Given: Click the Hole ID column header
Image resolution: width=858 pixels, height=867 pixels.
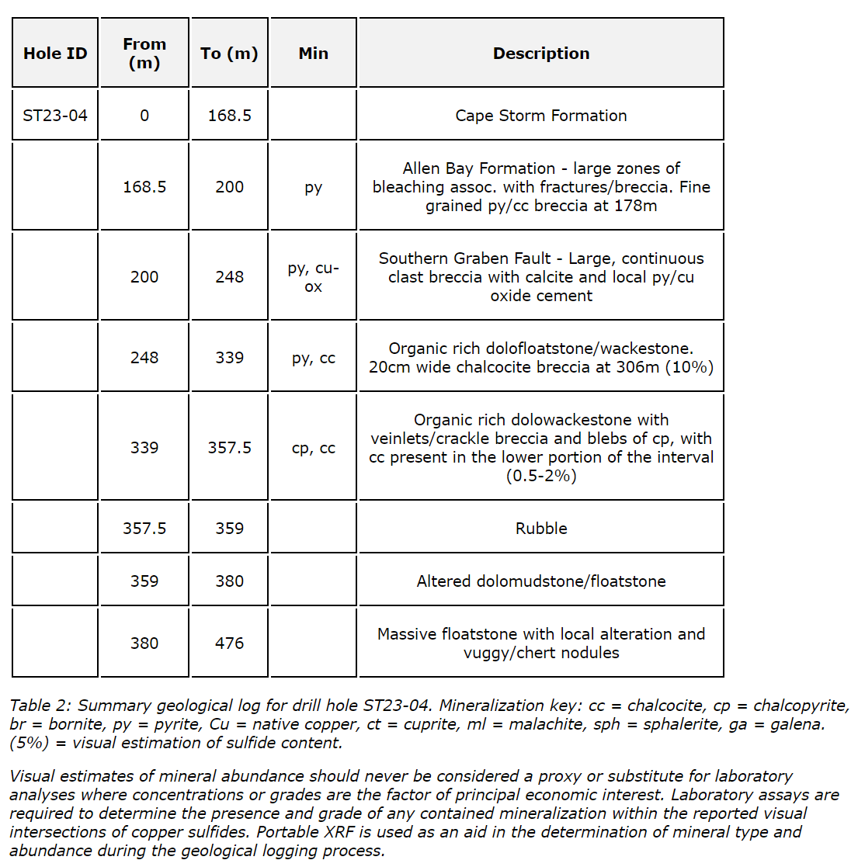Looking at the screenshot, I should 55,54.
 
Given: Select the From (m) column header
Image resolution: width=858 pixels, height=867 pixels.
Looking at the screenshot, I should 144,54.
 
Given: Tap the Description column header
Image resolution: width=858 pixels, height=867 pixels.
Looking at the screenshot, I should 541,54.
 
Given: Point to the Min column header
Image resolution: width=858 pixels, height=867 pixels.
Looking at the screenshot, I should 313,54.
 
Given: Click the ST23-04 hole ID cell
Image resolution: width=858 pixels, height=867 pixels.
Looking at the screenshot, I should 55,116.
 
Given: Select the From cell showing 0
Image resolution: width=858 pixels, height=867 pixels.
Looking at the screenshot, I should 144,116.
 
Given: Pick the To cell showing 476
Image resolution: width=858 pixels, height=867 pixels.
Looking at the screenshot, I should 229,643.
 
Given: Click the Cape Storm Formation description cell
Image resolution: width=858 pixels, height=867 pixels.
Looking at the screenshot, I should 541,116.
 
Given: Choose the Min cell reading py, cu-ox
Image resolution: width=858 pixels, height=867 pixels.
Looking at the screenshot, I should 313,277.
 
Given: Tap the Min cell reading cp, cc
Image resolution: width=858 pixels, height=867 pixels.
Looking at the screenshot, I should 313,448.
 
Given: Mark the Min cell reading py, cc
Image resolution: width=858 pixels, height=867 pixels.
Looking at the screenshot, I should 313,358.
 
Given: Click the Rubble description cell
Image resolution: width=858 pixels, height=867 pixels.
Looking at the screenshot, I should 541,529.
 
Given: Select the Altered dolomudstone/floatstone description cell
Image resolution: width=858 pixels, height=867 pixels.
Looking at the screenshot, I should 541,581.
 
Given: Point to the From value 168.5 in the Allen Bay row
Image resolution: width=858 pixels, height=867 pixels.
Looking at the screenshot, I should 144,187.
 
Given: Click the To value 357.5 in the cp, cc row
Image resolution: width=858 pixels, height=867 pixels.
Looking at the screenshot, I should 229,448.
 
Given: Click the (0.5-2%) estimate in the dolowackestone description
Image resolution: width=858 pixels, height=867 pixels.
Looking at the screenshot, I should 541,476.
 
